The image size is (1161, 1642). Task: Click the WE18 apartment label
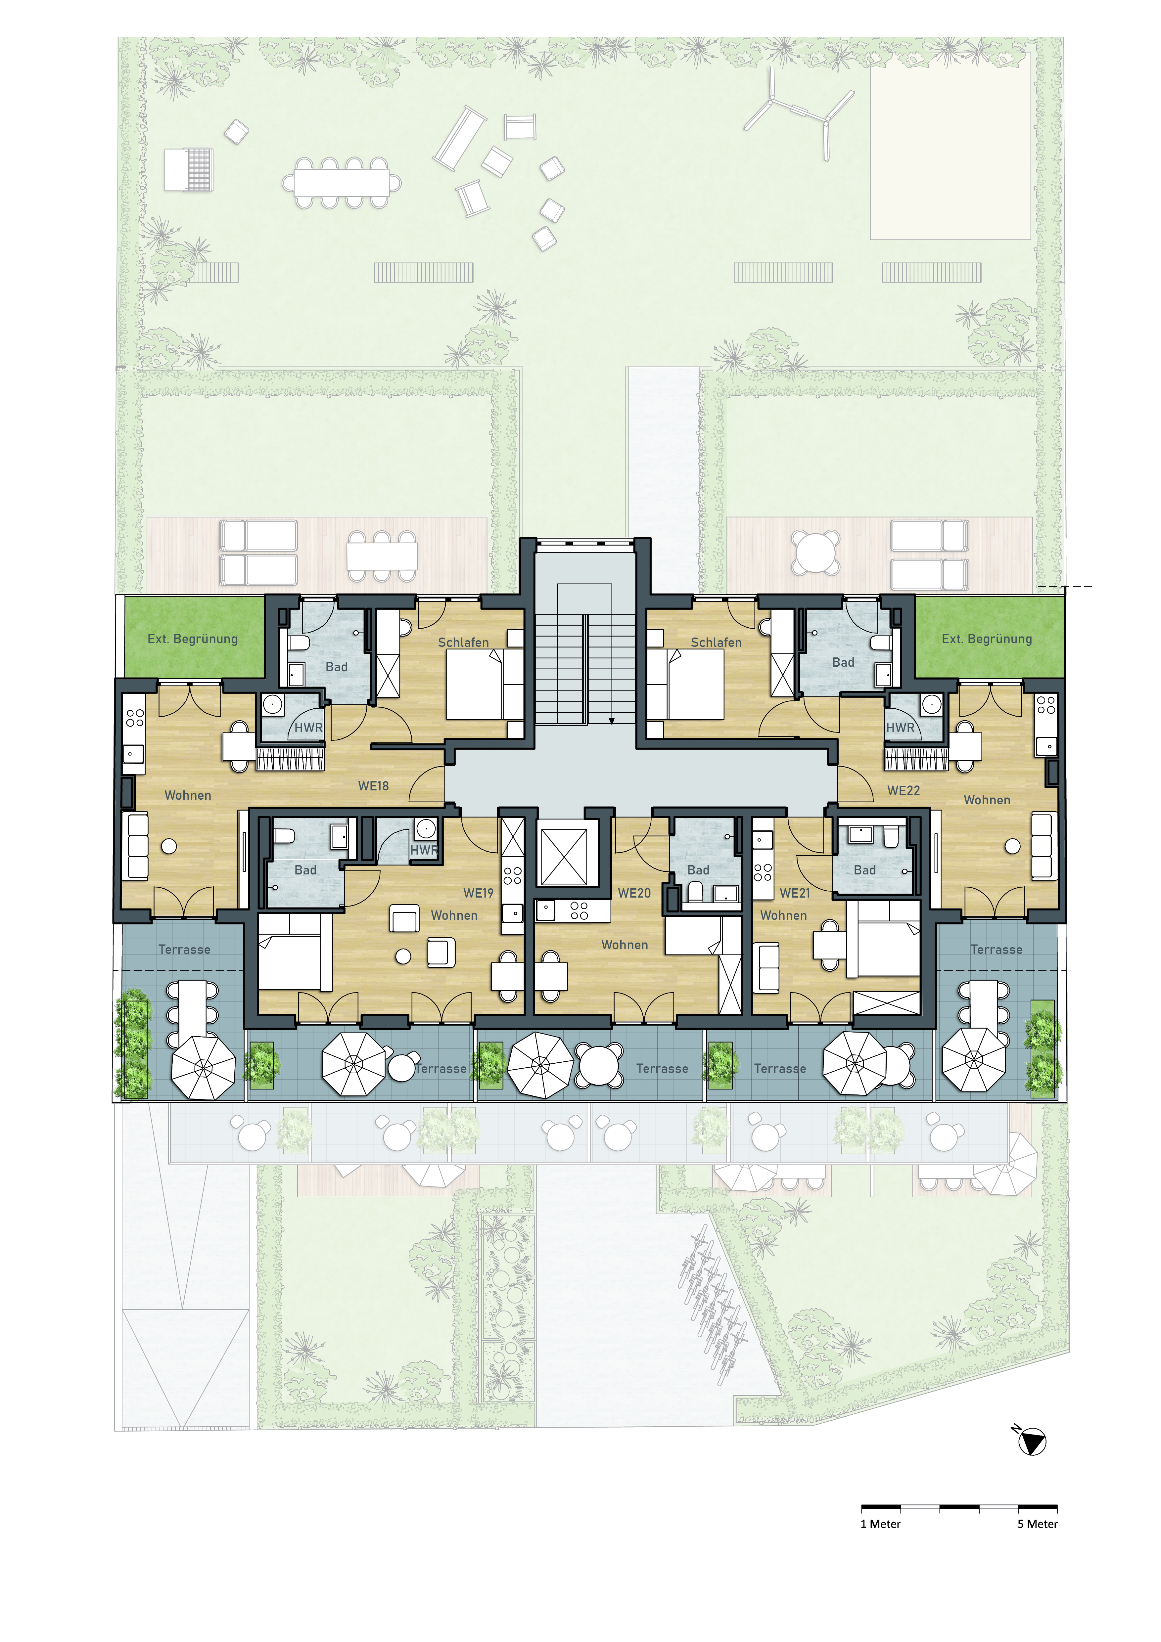tap(373, 786)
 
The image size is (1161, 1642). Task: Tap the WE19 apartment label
tap(479, 893)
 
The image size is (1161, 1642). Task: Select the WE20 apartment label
tap(634, 893)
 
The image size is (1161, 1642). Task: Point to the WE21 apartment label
tap(795, 893)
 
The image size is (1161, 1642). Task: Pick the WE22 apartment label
tap(904, 790)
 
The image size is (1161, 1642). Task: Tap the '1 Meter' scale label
tap(881, 1524)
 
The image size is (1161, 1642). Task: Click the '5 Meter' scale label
tap(1037, 1524)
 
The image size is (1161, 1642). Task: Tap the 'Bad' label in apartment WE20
tap(698, 870)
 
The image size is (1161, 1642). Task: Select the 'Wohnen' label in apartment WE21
tap(783, 915)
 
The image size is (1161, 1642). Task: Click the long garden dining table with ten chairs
tap(342, 183)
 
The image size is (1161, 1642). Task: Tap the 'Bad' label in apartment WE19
tap(305, 870)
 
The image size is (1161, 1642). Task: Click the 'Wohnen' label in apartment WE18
tap(188, 795)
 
